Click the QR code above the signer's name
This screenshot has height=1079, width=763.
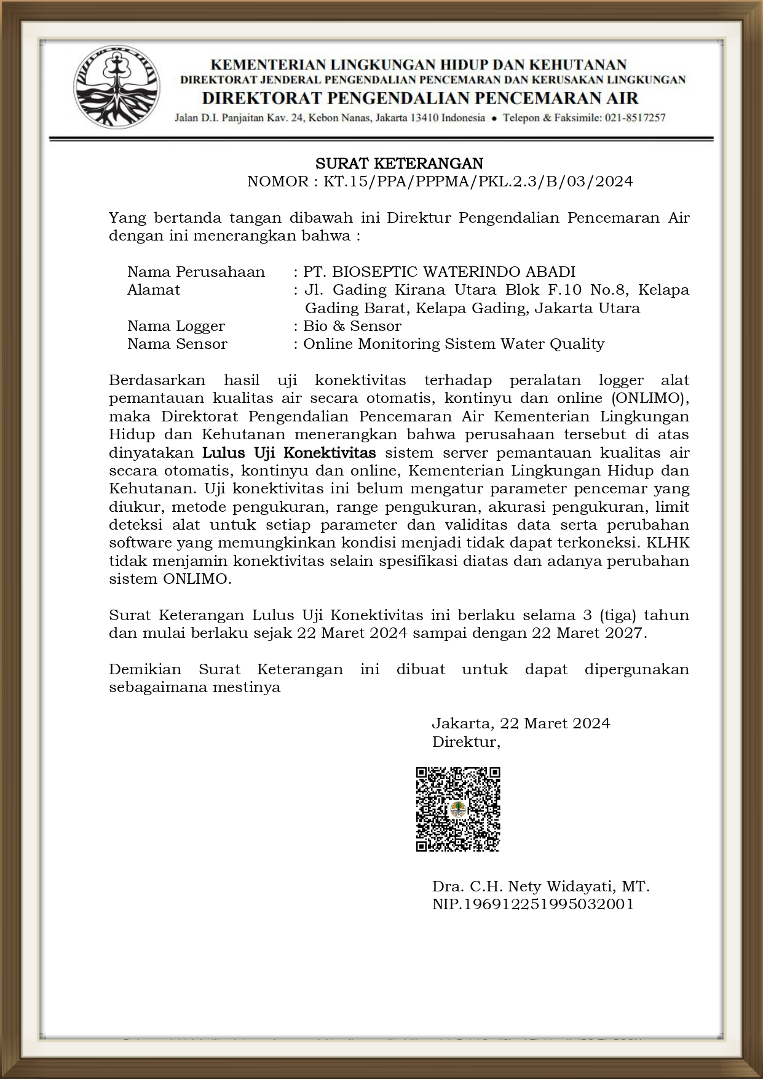pos(458,809)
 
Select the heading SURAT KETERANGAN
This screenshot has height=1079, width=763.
pos(399,164)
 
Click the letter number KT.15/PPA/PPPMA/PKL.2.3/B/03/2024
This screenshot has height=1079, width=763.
pos(478,181)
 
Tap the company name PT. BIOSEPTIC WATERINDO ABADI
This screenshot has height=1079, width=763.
pos(439,272)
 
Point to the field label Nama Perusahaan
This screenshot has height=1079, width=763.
pos(196,272)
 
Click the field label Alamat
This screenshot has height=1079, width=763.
pos(154,290)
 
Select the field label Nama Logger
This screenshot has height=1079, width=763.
pos(176,326)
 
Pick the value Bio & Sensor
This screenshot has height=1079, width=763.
pos(352,326)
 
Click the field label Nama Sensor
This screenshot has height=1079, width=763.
pos(177,344)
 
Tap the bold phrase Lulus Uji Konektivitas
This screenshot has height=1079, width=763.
pos(289,453)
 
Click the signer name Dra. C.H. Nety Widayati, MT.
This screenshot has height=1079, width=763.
pos(540,886)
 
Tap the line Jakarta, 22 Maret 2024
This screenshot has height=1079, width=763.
pos(521,723)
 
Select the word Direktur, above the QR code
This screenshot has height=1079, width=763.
pos(466,742)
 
